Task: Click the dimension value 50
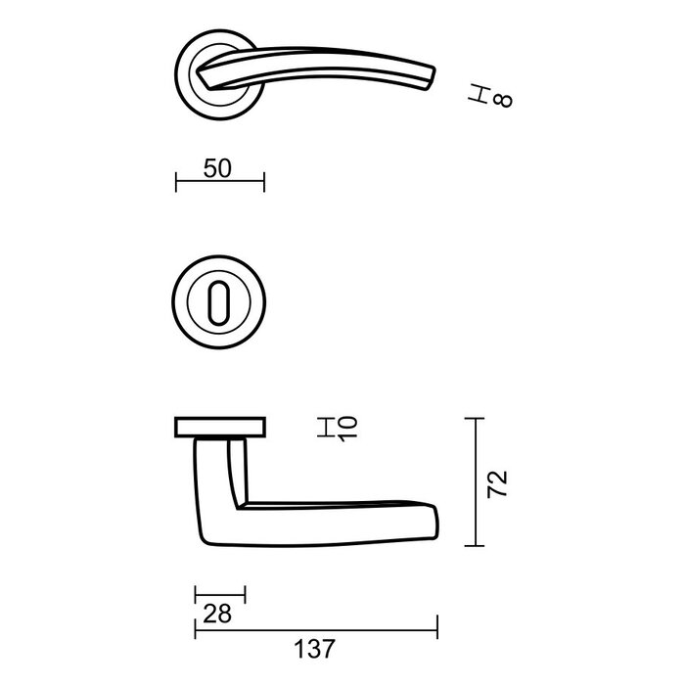tap(217, 167)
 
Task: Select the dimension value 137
tap(313, 648)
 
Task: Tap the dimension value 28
tap(217, 615)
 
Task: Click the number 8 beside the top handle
tap(505, 100)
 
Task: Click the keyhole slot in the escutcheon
tap(220, 298)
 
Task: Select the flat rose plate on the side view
tap(220, 426)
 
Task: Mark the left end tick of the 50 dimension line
tap(176, 182)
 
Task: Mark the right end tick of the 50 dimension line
tap(263, 182)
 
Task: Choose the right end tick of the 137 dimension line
tap(436, 628)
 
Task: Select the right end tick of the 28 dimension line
tap(245, 595)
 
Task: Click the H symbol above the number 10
tap(325, 427)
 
